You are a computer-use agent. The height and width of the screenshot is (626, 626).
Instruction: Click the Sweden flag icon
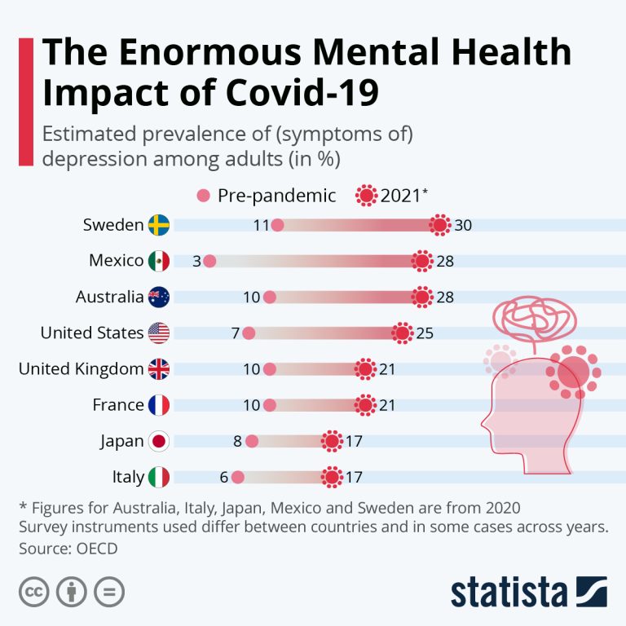(x=158, y=225)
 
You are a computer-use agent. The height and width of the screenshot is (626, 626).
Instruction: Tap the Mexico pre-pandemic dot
(x=209, y=261)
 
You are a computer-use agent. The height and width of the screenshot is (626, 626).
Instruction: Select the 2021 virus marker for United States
(x=402, y=333)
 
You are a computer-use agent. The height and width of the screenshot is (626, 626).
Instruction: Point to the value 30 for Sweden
(x=463, y=225)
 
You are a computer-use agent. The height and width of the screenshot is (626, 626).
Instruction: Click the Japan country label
(x=122, y=441)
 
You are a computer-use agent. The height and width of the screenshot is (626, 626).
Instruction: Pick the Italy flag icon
(x=158, y=477)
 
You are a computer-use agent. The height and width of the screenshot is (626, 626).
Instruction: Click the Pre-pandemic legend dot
(x=204, y=196)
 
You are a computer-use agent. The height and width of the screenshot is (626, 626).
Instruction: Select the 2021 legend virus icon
(x=367, y=196)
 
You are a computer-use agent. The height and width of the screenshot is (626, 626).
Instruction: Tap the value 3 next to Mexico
(x=196, y=261)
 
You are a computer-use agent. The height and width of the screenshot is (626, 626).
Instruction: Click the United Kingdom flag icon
(x=158, y=369)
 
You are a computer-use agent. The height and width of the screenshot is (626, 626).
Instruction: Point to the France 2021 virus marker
(x=365, y=405)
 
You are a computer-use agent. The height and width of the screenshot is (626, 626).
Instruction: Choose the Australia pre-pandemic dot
(x=270, y=297)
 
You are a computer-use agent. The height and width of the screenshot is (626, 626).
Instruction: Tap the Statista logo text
(x=509, y=593)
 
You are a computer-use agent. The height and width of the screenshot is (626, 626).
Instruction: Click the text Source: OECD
(x=68, y=548)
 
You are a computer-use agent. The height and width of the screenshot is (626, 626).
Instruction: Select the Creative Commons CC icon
(x=33, y=591)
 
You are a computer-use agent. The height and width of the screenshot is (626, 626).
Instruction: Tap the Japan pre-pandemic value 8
(x=238, y=441)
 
